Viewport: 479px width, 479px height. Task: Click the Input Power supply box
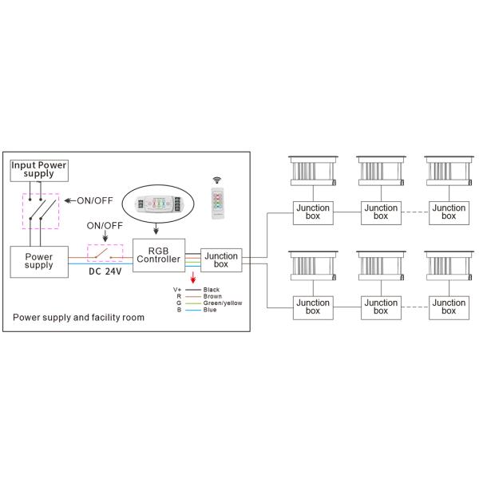[39, 169]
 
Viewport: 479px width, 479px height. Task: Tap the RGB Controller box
[159, 254]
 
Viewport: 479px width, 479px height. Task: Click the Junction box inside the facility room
[221, 259]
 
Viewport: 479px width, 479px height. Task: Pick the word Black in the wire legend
[212, 288]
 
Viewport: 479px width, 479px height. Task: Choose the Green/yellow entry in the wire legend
[223, 303]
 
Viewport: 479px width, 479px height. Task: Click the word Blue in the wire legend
[210, 310]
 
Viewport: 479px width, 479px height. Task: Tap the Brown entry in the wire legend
[212, 295]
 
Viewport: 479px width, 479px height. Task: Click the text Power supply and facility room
[79, 317]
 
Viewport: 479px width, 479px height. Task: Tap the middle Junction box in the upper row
[381, 212]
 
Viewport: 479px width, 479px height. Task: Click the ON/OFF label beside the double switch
[91, 200]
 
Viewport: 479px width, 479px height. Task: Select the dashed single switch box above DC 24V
[105, 253]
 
